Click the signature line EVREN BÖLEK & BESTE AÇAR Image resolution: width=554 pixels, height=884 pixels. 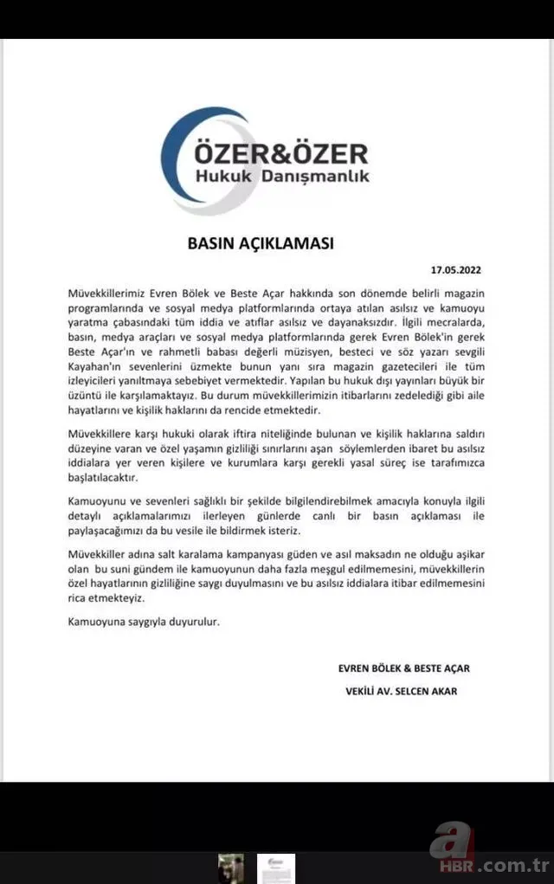404,668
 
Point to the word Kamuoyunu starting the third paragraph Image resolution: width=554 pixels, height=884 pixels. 98,500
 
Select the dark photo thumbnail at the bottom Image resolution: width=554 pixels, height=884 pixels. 230,868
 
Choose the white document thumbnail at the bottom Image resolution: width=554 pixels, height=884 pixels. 275,868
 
